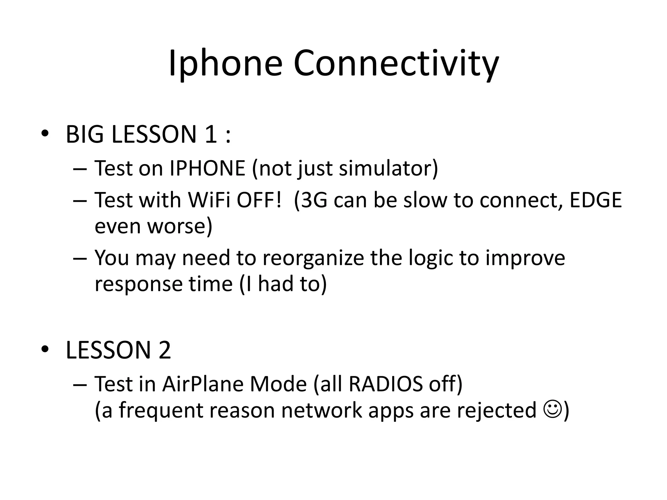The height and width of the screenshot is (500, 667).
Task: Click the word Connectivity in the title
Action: (396, 63)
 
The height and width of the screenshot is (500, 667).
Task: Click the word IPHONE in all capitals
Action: (207, 168)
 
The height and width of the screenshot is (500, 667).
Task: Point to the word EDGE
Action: (596, 200)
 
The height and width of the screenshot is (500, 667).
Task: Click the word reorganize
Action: (313, 258)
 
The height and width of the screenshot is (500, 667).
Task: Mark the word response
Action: (139, 284)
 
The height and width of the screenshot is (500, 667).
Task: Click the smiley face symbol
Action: (552, 410)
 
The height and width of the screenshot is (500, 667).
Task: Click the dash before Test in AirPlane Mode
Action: (80, 384)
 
